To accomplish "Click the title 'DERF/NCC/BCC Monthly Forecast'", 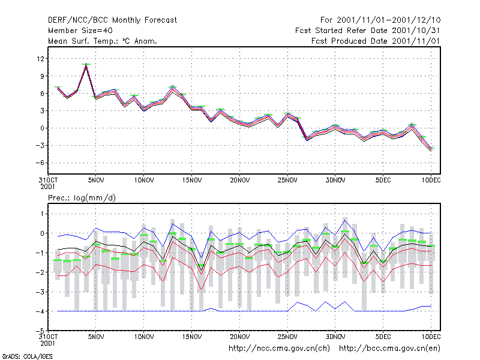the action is pyautogui.click(x=112, y=20).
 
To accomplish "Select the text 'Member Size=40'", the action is pyautogui.click(x=80, y=31).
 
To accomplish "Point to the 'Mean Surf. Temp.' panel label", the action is pyautogui.click(x=102, y=41).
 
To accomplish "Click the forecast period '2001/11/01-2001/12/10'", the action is pyautogui.click(x=388, y=20).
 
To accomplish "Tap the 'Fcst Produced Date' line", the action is pyautogui.click(x=376, y=41).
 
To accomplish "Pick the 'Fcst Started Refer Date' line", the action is pyautogui.click(x=367, y=31).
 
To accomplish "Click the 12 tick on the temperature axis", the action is pyautogui.click(x=40, y=58).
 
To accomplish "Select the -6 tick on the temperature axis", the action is pyautogui.click(x=40, y=163).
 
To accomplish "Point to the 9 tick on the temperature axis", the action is pyautogui.click(x=42, y=76).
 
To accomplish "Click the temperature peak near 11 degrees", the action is pyautogui.click(x=86, y=64).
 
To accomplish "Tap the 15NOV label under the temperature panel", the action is pyautogui.click(x=192, y=181).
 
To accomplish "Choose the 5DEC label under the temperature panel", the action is pyautogui.click(x=383, y=181).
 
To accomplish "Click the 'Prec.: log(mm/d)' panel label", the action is pyautogui.click(x=82, y=198).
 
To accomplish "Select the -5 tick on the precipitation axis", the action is pyautogui.click(x=40, y=331).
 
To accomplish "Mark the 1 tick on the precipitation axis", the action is pyautogui.click(x=42, y=214).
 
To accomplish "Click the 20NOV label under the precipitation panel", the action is pyautogui.click(x=239, y=337).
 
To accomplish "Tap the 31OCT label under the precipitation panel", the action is pyautogui.click(x=48, y=337).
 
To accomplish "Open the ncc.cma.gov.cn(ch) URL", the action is pyautogui.click(x=280, y=349).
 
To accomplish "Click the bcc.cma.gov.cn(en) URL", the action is pyautogui.click(x=389, y=349).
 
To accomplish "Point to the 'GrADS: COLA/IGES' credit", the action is pyautogui.click(x=27, y=356).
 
